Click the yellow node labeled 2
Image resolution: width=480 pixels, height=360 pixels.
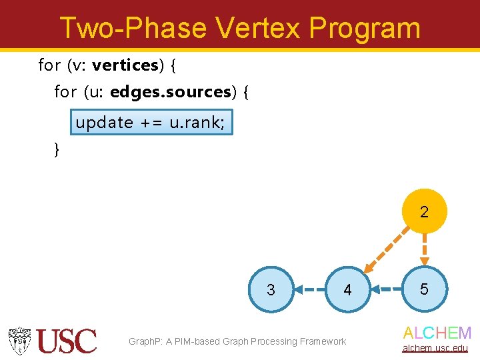pos(424,212)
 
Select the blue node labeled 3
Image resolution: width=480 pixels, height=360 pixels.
pos(271,289)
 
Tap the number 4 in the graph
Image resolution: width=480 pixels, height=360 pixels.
pos(347,290)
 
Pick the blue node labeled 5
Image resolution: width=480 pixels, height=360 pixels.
pos(424,289)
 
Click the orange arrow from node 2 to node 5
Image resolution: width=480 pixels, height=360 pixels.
pos(424,251)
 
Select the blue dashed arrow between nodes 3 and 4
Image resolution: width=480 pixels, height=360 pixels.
pos(309,289)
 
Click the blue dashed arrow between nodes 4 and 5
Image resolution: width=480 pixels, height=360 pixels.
pos(385,289)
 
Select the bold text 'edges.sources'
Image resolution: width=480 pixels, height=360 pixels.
pos(170,92)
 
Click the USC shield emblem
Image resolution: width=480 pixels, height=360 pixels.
pos(20,341)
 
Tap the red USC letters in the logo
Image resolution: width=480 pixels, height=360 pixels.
pos(67,341)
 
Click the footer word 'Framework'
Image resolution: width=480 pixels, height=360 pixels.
pos(323,341)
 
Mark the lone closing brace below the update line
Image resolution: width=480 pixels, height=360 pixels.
pos(57,150)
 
